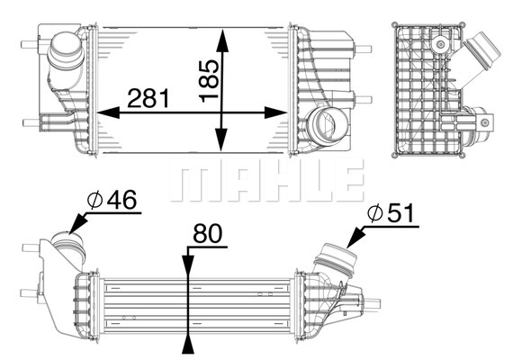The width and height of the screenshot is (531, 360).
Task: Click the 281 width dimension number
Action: pos(148,98)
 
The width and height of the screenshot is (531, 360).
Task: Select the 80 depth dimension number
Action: pos(207,233)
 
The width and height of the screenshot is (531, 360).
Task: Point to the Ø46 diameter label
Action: pos(112,200)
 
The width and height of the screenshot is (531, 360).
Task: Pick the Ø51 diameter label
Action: pos(391,213)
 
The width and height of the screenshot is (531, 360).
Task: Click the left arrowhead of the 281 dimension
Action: pos(108,112)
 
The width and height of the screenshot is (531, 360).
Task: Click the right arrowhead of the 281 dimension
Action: pos(275,112)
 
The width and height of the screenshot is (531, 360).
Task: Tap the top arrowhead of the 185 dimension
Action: pos(222,40)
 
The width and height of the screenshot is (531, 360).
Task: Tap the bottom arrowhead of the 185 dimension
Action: pos(221,139)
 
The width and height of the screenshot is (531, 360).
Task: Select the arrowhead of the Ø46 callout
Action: pos(77,224)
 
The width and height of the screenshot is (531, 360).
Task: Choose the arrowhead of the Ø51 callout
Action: pos(355,238)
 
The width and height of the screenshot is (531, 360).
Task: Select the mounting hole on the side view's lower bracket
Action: pos(485,122)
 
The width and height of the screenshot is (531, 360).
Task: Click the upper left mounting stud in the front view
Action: pos(31,44)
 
